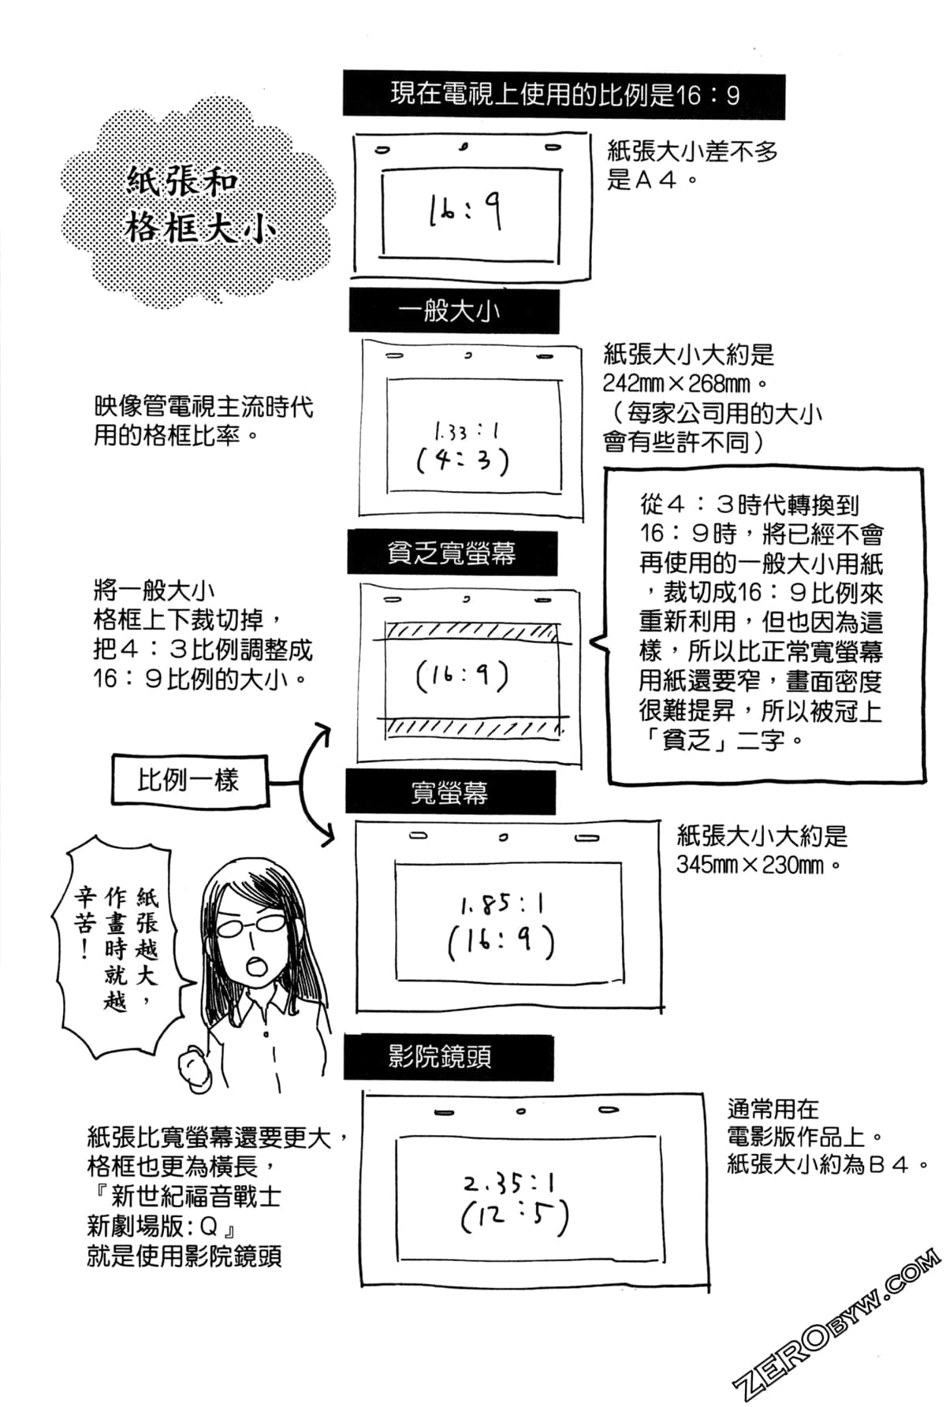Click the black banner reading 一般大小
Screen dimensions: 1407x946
453,311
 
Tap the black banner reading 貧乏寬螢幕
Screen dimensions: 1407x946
452,553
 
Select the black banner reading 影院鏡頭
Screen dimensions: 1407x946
447,1057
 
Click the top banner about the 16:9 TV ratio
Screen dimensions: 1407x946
564,96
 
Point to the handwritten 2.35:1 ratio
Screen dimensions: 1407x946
508,1183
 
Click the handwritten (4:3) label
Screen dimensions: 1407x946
464,460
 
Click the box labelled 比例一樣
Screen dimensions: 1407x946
189,781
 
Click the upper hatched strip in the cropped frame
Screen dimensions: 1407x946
471,631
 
